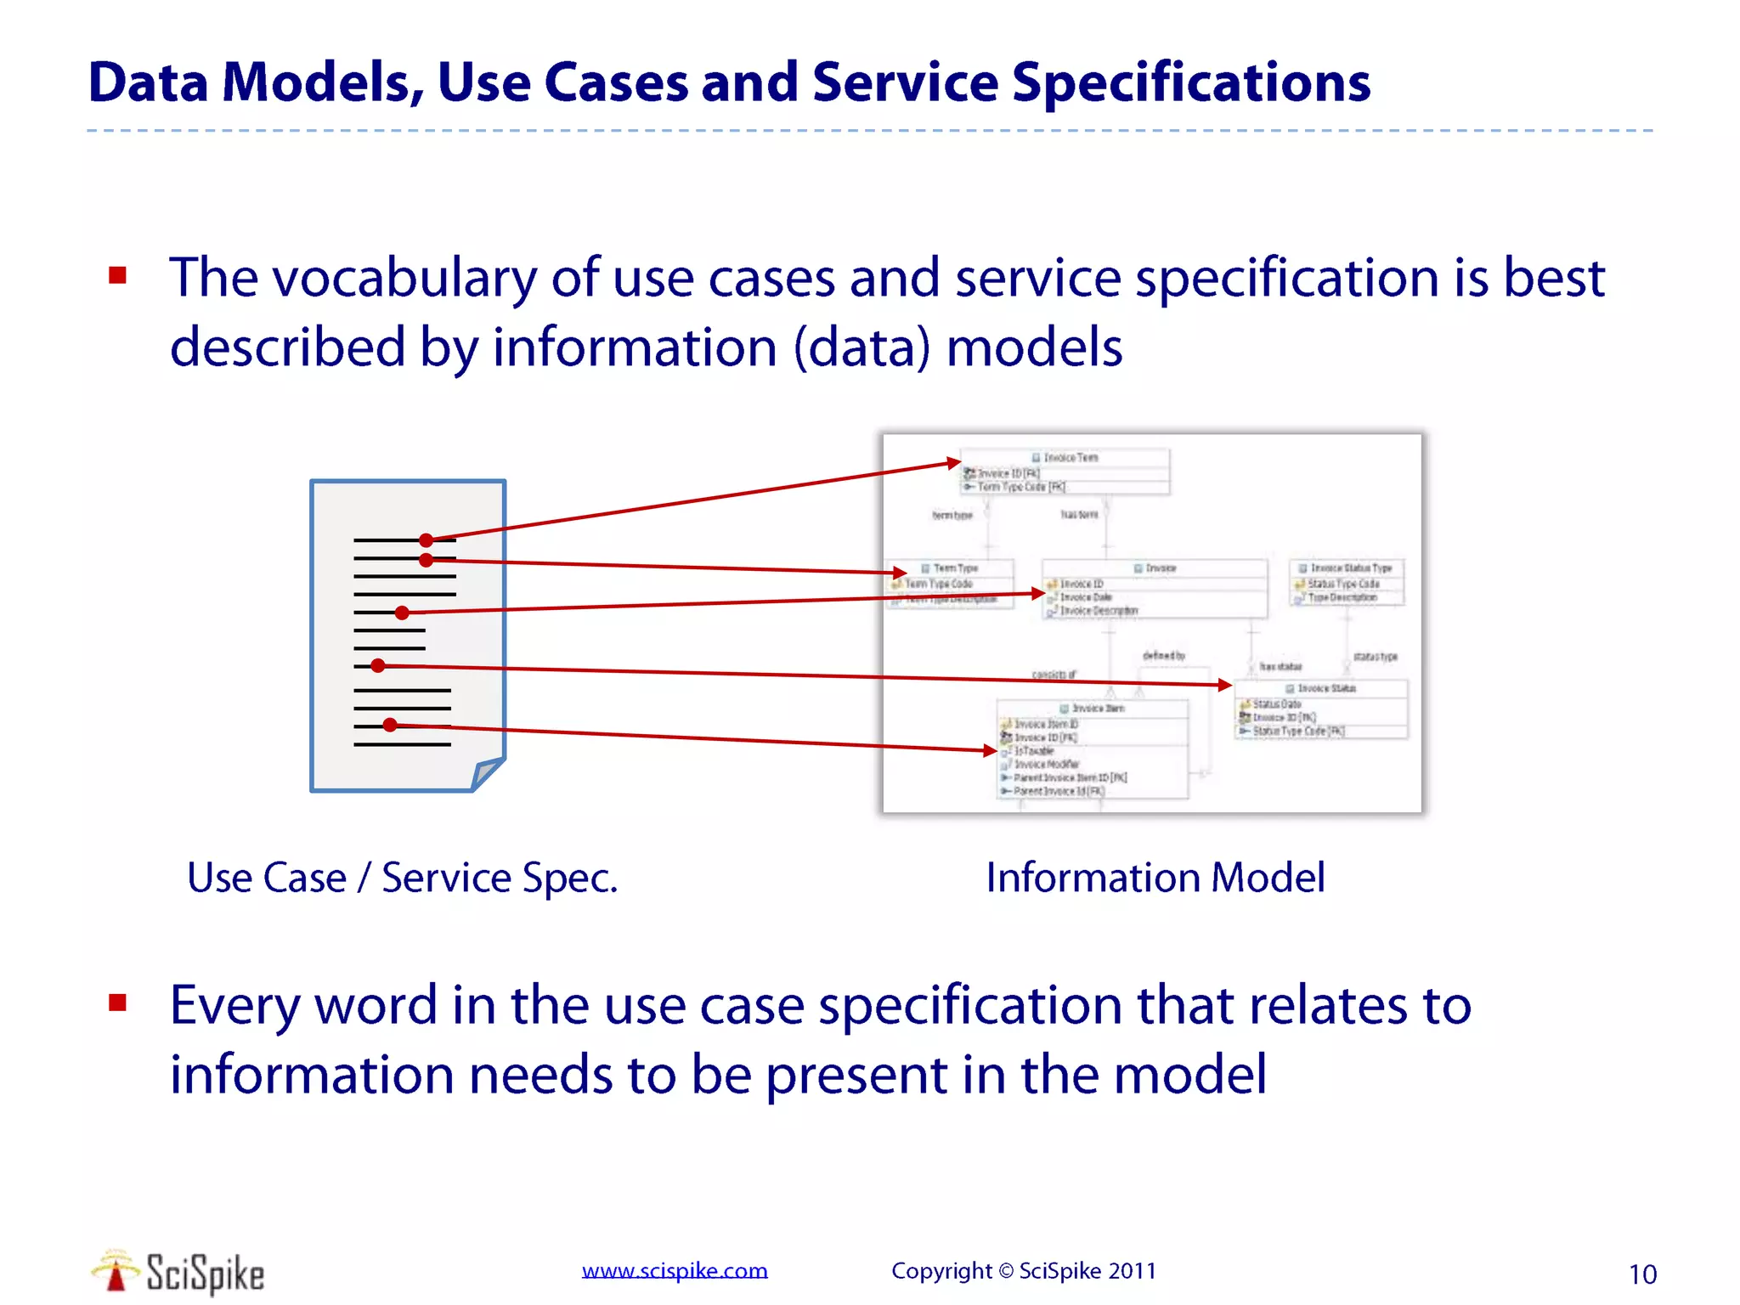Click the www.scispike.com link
click(675, 1270)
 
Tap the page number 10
click(1642, 1274)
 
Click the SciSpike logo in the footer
click(178, 1273)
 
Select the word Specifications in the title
click(1191, 83)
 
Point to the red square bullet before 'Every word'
click(118, 1003)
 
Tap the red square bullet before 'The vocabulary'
click(118, 275)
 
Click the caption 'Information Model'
click(1155, 878)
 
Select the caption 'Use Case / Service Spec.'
click(402, 878)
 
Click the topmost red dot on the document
click(427, 540)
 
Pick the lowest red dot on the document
click(390, 725)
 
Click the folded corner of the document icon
click(487, 772)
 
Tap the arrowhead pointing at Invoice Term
click(955, 463)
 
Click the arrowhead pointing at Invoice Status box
click(1224, 684)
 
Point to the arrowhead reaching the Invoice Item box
click(990, 750)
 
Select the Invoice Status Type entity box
click(1347, 582)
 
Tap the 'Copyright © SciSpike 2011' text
click(1023, 1270)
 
